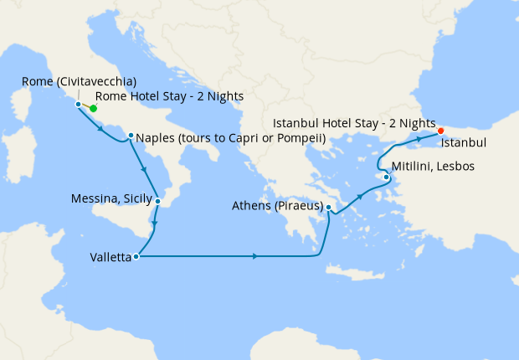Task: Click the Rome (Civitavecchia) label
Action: click(x=79, y=82)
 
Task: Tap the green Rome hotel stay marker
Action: click(x=93, y=108)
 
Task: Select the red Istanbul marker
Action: click(x=440, y=131)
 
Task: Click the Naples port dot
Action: click(x=131, y=136)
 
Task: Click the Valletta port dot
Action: click(x=136, y=257)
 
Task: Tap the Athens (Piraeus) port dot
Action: click(x=329, y=207)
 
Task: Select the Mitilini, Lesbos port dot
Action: click(x=386, y=177)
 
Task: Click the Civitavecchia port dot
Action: click(x=78, y=105)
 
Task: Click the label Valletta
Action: click(x=110, y=258)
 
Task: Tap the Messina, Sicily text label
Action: click(x=112, y=199)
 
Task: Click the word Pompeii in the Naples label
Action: click(x=301, y=137)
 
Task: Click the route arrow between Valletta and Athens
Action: click(x=254, y=255)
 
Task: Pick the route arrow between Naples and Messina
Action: click(x=146, y=171)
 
